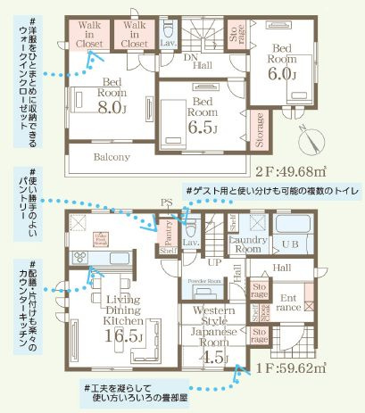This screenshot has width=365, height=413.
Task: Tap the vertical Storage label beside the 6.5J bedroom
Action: pos(259,129)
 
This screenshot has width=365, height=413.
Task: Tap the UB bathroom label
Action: pos(289,244)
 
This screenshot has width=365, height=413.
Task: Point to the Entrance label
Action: pos(288,303)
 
